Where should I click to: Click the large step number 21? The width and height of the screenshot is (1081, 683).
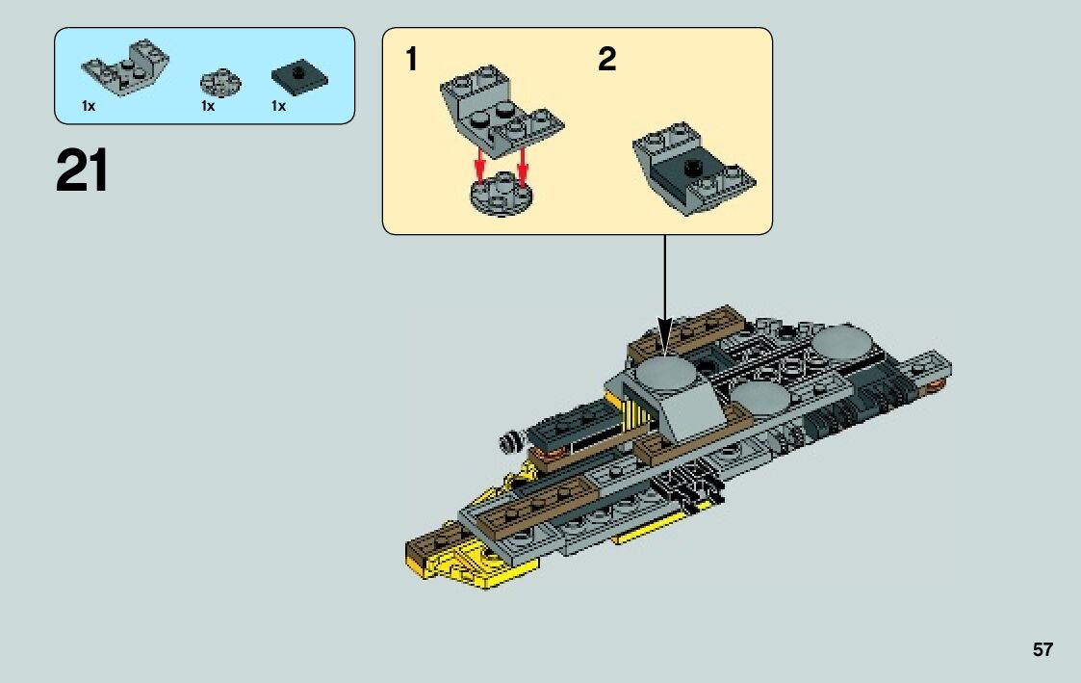click(x=83, y=171)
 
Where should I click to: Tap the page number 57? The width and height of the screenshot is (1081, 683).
click(x=1042, y=650)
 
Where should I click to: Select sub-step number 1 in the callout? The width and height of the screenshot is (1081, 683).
click(x=412, y=60)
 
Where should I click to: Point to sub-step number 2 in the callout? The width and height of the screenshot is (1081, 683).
click(x=606, y=60)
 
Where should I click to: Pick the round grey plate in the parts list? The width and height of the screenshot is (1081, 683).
click(x=220, y=81)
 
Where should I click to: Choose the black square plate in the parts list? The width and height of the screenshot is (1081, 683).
click(x=298, y=77)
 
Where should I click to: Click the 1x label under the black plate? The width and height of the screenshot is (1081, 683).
click(x=279, y=106)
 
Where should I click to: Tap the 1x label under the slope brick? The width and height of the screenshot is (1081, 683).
click(x=89, y=106)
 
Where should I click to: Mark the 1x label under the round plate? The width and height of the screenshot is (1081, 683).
click(x=208, y=106)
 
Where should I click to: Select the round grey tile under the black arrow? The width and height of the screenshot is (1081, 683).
click(x=665, y=370)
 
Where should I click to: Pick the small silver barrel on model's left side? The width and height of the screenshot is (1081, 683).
click(x=508, y=442)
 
